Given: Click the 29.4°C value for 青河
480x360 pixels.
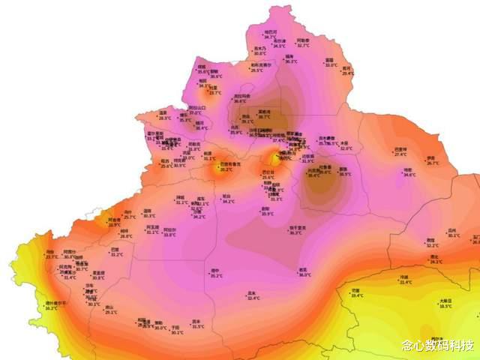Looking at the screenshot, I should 348,73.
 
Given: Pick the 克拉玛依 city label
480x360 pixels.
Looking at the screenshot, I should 242,96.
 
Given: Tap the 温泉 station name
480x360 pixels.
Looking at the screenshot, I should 163,112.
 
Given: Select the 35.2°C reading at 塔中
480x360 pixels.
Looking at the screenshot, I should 217,275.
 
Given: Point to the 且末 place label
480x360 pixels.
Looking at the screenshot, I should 253,292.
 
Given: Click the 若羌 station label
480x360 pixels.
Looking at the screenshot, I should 304,270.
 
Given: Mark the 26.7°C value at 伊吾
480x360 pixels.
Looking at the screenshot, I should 432,163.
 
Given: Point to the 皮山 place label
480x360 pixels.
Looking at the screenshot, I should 110,307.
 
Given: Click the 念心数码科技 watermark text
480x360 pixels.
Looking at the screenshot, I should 437,345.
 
